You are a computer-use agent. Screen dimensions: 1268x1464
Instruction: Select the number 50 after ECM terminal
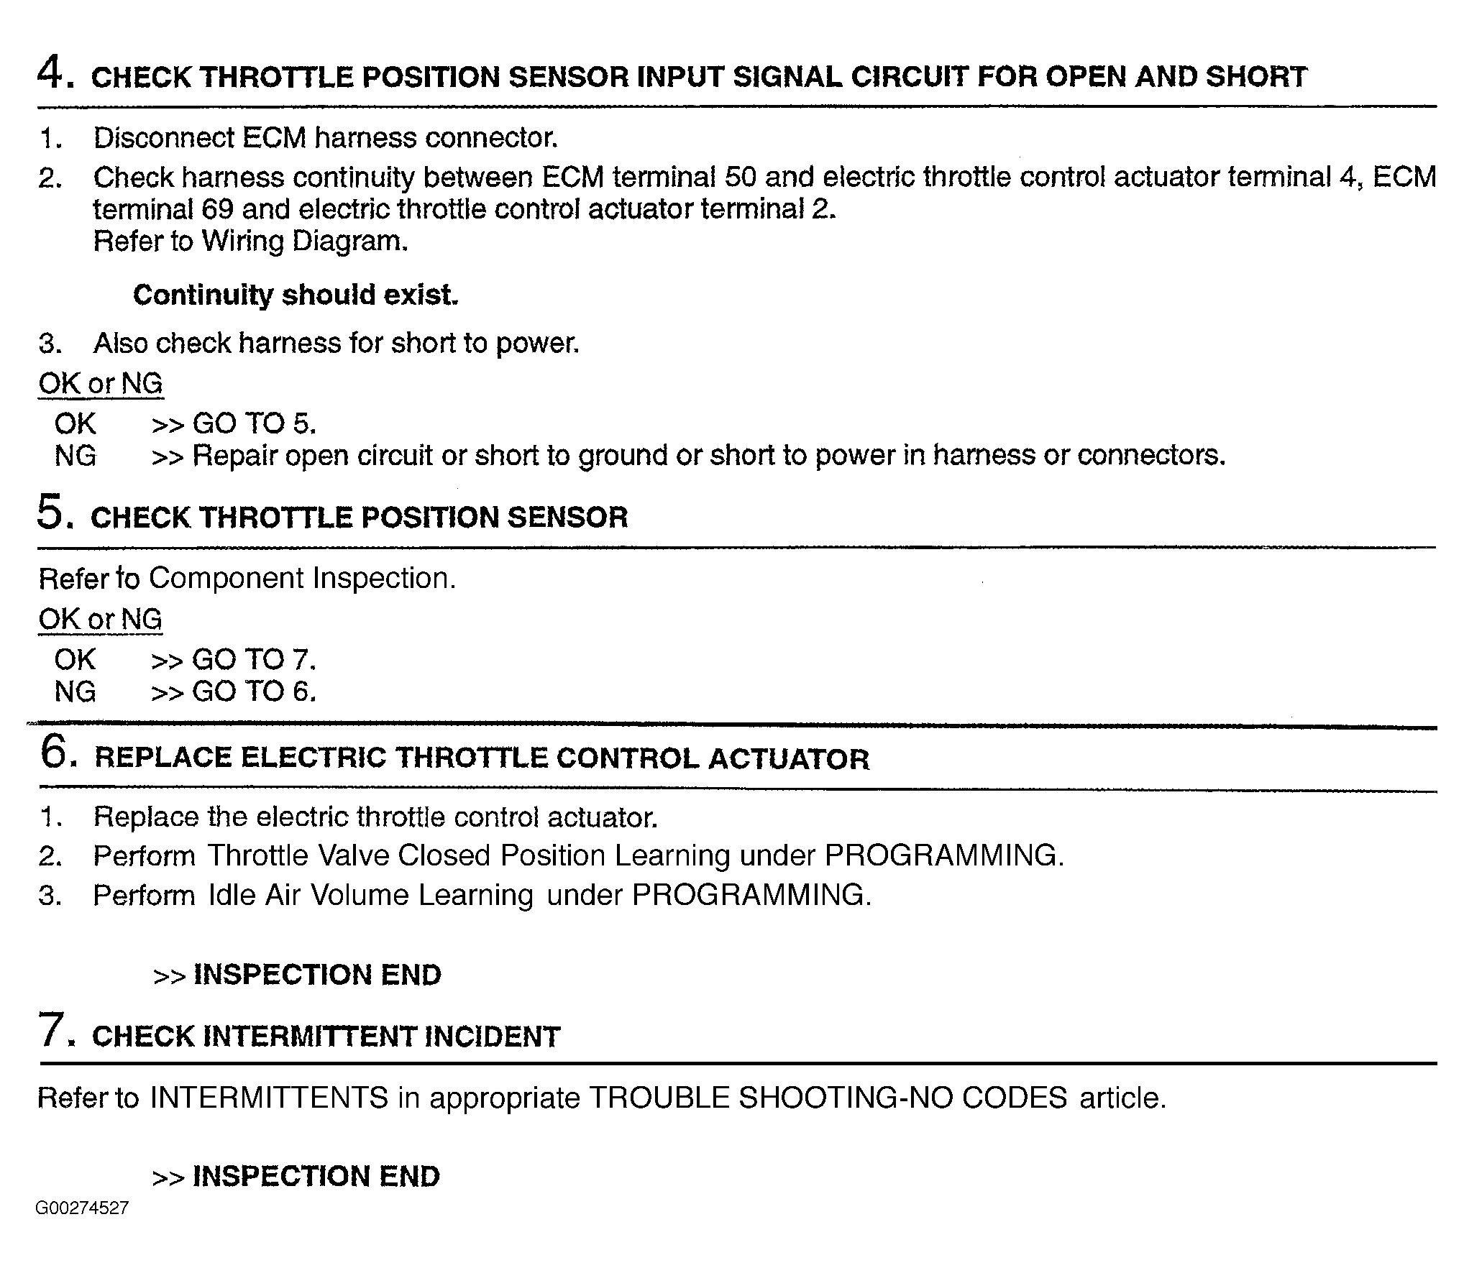click(741, 177)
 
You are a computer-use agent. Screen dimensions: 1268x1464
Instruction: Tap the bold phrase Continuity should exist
click(296, 295)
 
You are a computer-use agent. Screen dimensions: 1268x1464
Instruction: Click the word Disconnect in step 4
click(163, 137)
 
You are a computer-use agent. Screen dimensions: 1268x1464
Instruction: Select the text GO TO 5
click(254, 423)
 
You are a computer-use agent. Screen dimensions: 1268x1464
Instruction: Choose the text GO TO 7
click(253, 659)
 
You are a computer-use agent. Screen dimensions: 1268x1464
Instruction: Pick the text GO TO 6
click(253, 692)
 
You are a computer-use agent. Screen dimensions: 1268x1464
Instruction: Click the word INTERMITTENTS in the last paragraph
click(269, 1098)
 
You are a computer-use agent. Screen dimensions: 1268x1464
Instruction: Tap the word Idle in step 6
click(232, 895)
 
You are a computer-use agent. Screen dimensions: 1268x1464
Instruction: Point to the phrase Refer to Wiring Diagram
click(250, 241)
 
